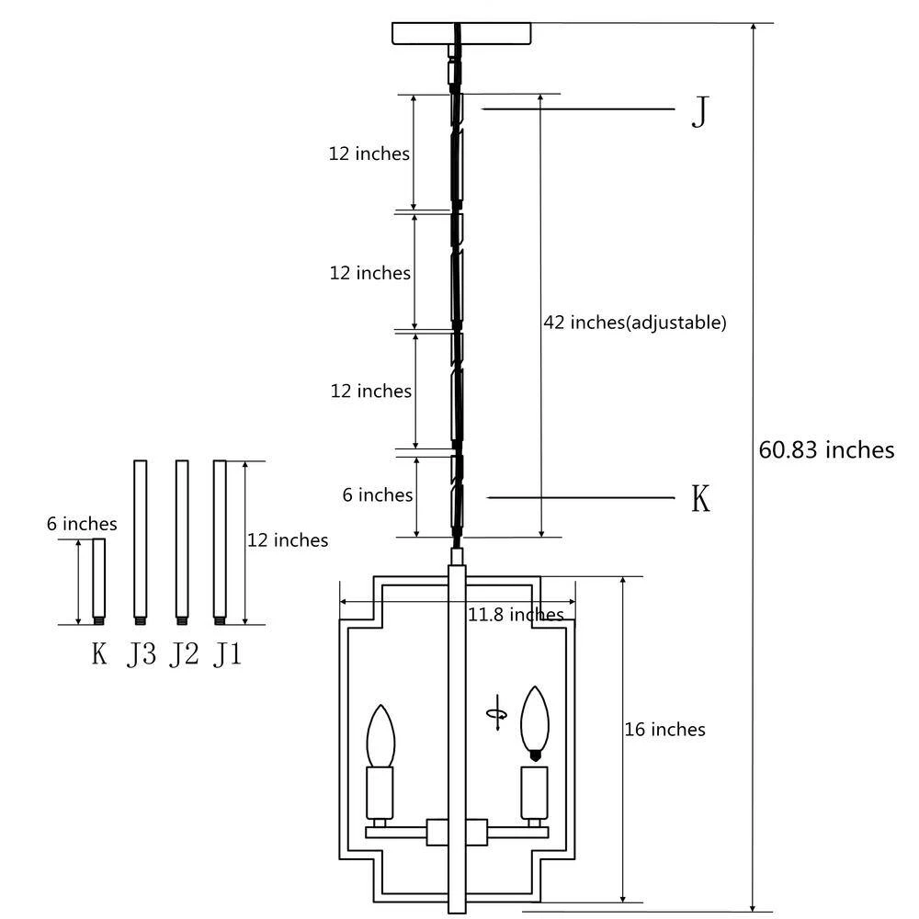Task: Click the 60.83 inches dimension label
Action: (826, 450)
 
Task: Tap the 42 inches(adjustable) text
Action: (635, 323)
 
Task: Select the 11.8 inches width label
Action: (516, 614)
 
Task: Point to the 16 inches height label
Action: (664, 729)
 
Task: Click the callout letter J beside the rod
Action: (700, 111)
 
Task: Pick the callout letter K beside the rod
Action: (700, 499)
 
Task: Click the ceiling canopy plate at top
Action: (461, 33)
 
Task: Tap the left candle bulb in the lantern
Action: (380, 735)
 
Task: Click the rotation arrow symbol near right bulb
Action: (497, 713)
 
